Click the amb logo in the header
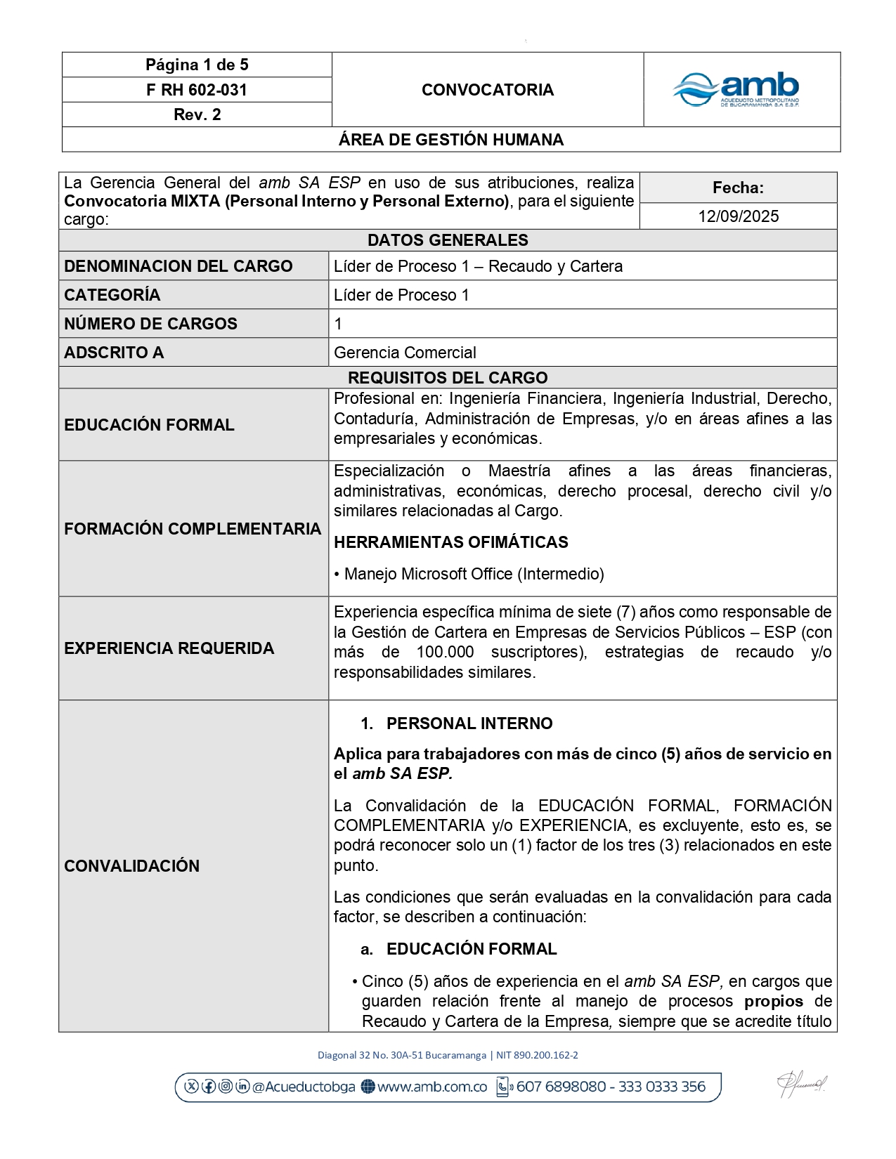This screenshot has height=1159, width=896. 736,90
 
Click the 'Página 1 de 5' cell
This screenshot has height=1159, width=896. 197,65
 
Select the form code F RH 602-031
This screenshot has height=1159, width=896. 197,90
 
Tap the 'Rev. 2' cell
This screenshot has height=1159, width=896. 197,114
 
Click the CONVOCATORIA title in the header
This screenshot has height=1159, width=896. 488,90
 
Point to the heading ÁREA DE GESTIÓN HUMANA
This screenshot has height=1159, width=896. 451,140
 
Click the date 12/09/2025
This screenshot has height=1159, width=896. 738,216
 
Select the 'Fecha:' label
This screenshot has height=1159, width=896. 738,188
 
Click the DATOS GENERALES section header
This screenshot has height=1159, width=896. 448,240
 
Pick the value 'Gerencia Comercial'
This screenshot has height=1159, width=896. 405,353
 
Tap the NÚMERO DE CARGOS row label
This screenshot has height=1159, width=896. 150,324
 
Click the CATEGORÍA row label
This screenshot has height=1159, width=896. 112,295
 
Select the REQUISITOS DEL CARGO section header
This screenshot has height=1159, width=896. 448,378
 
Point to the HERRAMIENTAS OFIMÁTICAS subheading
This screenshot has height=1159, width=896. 450,542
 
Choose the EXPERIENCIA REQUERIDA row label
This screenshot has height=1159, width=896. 169,648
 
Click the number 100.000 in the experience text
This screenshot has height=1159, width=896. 445,652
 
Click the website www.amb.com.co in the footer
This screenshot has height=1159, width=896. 431,1087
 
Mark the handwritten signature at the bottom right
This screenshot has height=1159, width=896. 801,1085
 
